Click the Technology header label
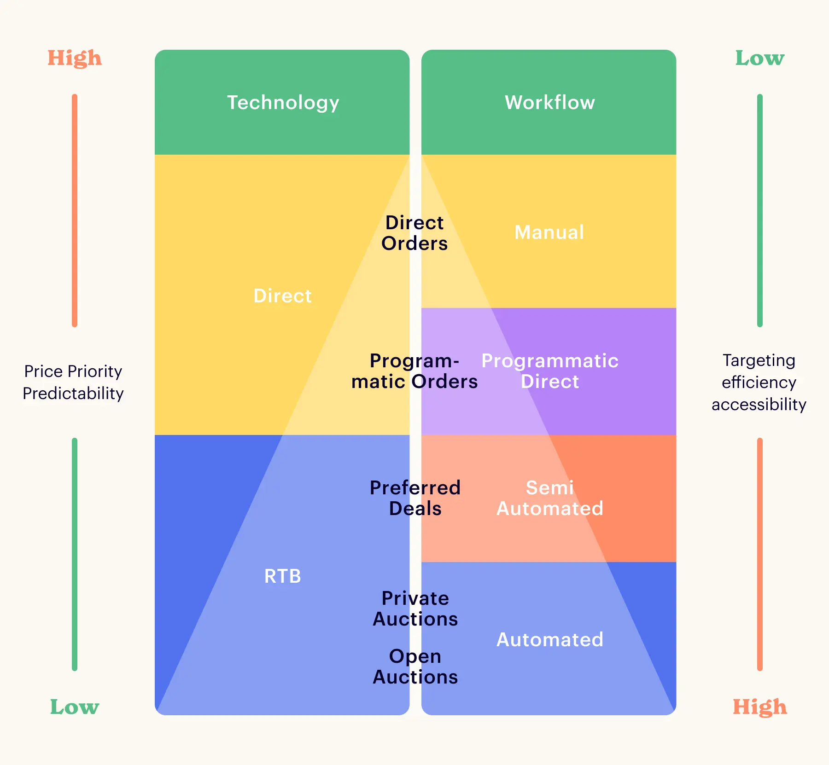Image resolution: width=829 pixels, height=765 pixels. [283, 103]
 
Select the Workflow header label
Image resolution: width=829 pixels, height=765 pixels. [549, 102]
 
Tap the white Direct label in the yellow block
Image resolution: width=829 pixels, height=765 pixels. [282, 296]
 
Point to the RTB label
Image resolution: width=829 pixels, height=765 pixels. [282, 576]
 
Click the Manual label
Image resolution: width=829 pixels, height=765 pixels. [549, 232]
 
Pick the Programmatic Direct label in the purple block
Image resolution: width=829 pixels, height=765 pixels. [550, 371]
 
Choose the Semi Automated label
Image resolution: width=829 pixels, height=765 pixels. [550, 498]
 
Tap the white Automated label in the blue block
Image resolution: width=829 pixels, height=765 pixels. [550, 639]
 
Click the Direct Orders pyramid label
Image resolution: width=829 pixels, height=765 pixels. [414, 233]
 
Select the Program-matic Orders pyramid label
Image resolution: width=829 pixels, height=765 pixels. [414, 371]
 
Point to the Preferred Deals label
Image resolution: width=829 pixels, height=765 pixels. [415, 498]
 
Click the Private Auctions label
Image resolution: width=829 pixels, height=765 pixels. [415, 609]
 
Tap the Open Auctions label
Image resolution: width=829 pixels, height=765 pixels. [415, 666]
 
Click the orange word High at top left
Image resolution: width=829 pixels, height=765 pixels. [75, 58]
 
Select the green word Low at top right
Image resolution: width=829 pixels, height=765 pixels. [759, 58]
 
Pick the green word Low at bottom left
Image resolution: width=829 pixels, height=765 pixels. [75, 707]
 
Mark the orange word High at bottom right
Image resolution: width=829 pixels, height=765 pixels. [759, 707]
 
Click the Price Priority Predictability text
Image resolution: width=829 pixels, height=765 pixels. [73, 382]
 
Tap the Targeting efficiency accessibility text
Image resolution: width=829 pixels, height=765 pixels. [759, 382]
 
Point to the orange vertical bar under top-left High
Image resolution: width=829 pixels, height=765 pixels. [75, 210]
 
